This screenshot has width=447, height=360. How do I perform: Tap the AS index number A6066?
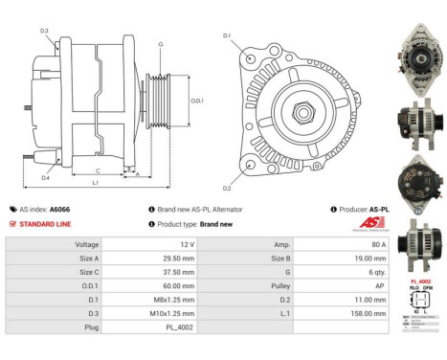[x=59, y=209]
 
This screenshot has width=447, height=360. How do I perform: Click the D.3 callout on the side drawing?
[x=45, y=32]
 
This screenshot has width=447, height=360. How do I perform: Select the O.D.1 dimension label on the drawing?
[x=197, y=101]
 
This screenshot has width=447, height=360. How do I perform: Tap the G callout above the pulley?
[x=160, y=45]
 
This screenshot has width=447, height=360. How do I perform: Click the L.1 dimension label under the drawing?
[x=95, y=182]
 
